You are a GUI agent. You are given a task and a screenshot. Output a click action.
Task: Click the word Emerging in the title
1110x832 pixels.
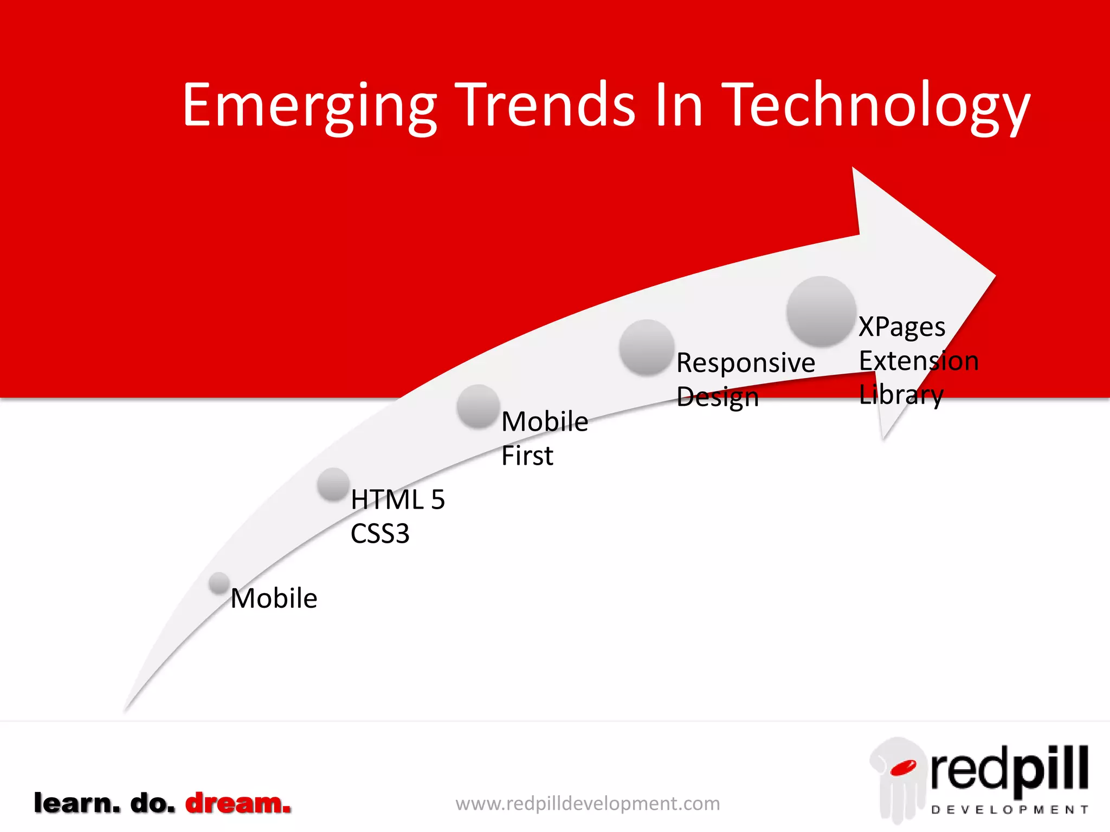point(309,106)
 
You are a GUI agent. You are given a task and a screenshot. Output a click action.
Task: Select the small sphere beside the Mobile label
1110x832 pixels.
point(220,583)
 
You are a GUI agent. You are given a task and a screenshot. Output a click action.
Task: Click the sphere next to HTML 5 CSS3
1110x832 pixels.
point(333,484)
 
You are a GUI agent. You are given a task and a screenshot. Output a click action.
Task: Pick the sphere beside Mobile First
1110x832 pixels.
point(478,406)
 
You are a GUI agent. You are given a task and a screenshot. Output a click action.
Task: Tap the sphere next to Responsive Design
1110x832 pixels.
point(647,347)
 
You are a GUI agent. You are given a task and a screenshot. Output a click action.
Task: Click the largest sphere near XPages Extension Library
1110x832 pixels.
point(821,311)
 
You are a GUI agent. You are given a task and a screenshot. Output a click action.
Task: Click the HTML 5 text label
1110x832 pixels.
point(397,499)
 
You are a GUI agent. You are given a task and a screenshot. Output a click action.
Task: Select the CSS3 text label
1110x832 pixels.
point(379,534)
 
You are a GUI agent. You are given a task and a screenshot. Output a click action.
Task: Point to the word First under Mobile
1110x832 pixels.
point(527,456)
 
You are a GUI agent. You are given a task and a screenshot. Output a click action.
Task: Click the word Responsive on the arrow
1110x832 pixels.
point(745,363)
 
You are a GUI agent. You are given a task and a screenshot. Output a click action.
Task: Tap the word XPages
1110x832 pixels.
point(902,327)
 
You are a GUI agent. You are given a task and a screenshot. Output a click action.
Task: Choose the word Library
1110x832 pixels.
point(901,395)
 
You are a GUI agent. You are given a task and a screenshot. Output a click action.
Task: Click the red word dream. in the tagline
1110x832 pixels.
point(238,803)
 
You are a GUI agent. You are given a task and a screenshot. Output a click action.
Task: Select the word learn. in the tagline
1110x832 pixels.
point(77,803)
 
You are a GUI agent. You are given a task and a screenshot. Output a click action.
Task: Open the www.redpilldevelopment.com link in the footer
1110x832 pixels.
point(588,803)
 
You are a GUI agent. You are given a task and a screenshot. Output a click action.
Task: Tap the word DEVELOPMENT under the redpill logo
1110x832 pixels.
point(1009,810)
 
